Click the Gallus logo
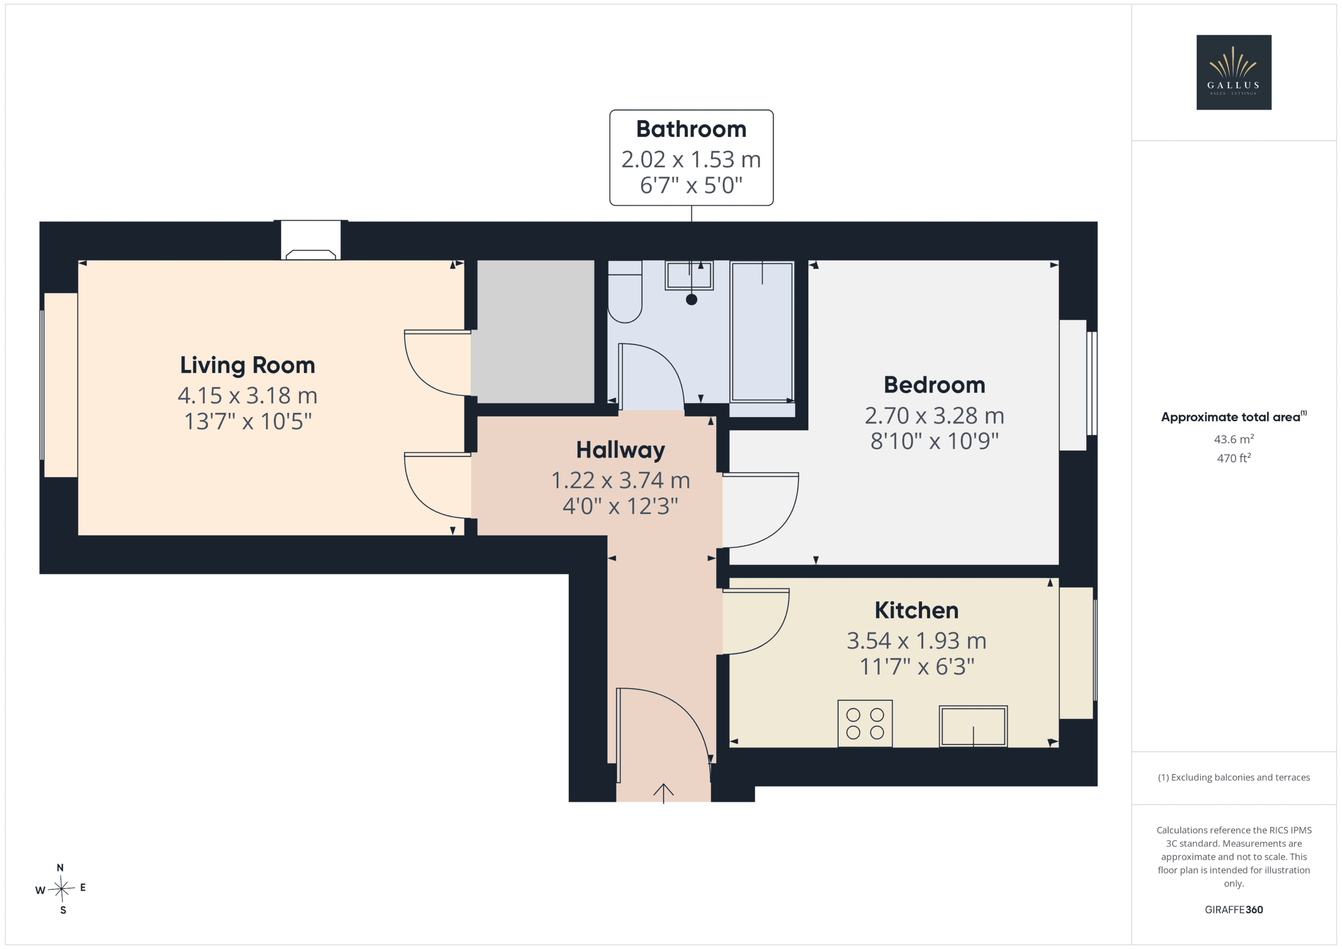1233,72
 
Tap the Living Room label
247,365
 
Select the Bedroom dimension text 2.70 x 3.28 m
934,416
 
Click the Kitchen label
916,610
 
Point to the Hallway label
620,451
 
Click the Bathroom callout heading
691,129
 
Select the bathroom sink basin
689,275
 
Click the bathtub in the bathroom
762,332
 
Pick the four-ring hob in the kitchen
865,724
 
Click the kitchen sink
973,726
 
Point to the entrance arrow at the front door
664,793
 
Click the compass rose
61,889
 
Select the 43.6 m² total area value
1233,439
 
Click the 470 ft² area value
1233,458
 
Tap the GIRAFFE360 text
1233,910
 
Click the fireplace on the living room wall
310,241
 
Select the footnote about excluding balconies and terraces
1233,777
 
